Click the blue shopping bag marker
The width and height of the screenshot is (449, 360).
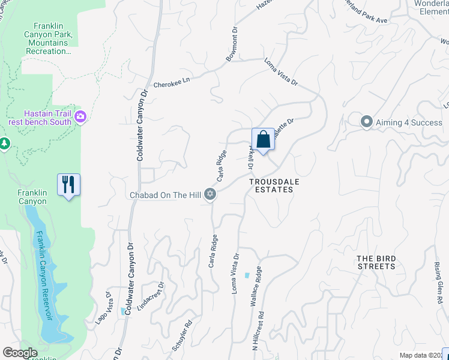click(263, 140)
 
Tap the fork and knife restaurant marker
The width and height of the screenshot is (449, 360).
click(68, 184)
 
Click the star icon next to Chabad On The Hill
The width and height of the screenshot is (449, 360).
click(209, 194)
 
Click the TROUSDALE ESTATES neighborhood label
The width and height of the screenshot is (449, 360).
click(271, 185)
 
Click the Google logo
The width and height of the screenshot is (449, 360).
click(20, 353)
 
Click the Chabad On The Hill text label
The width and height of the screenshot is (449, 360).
click(166, 195)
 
